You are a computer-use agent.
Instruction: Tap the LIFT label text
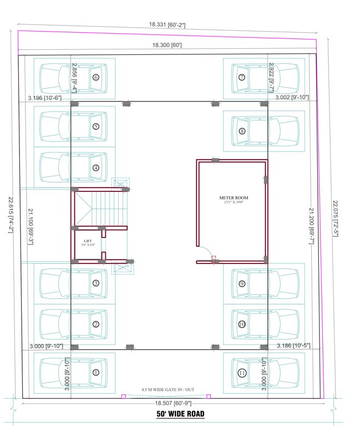tap(88, 240)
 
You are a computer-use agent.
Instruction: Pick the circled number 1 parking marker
tap(95, 373)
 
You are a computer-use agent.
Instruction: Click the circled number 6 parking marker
tap(95, 78)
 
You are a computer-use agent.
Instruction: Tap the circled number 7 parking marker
tap(241, 77)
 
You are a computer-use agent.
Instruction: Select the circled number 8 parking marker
tap(242, 131)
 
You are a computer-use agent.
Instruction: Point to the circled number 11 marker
tap(242, 373)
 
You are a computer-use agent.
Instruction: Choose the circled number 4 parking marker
tap(95, 168)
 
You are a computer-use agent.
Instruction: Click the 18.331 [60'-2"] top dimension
tap(166, 24)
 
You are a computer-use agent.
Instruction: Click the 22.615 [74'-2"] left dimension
tap(10, 212)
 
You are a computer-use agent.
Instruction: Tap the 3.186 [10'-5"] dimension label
tap(293, 346)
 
